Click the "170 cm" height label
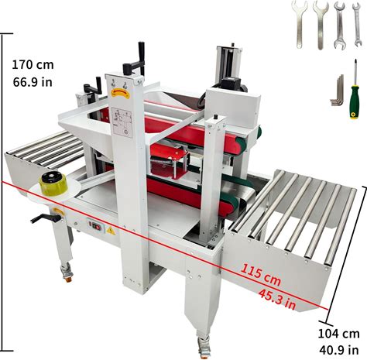coord(33,64)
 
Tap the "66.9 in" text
coord(33,82)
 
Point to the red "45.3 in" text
coord(277,299)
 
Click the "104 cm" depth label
coord(338,334)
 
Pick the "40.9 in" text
coord(339,350)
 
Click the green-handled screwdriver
coord(355,90)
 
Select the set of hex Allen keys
coord(337,91)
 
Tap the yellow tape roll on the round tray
coord(53,184)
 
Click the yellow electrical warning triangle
coord(111,231)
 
